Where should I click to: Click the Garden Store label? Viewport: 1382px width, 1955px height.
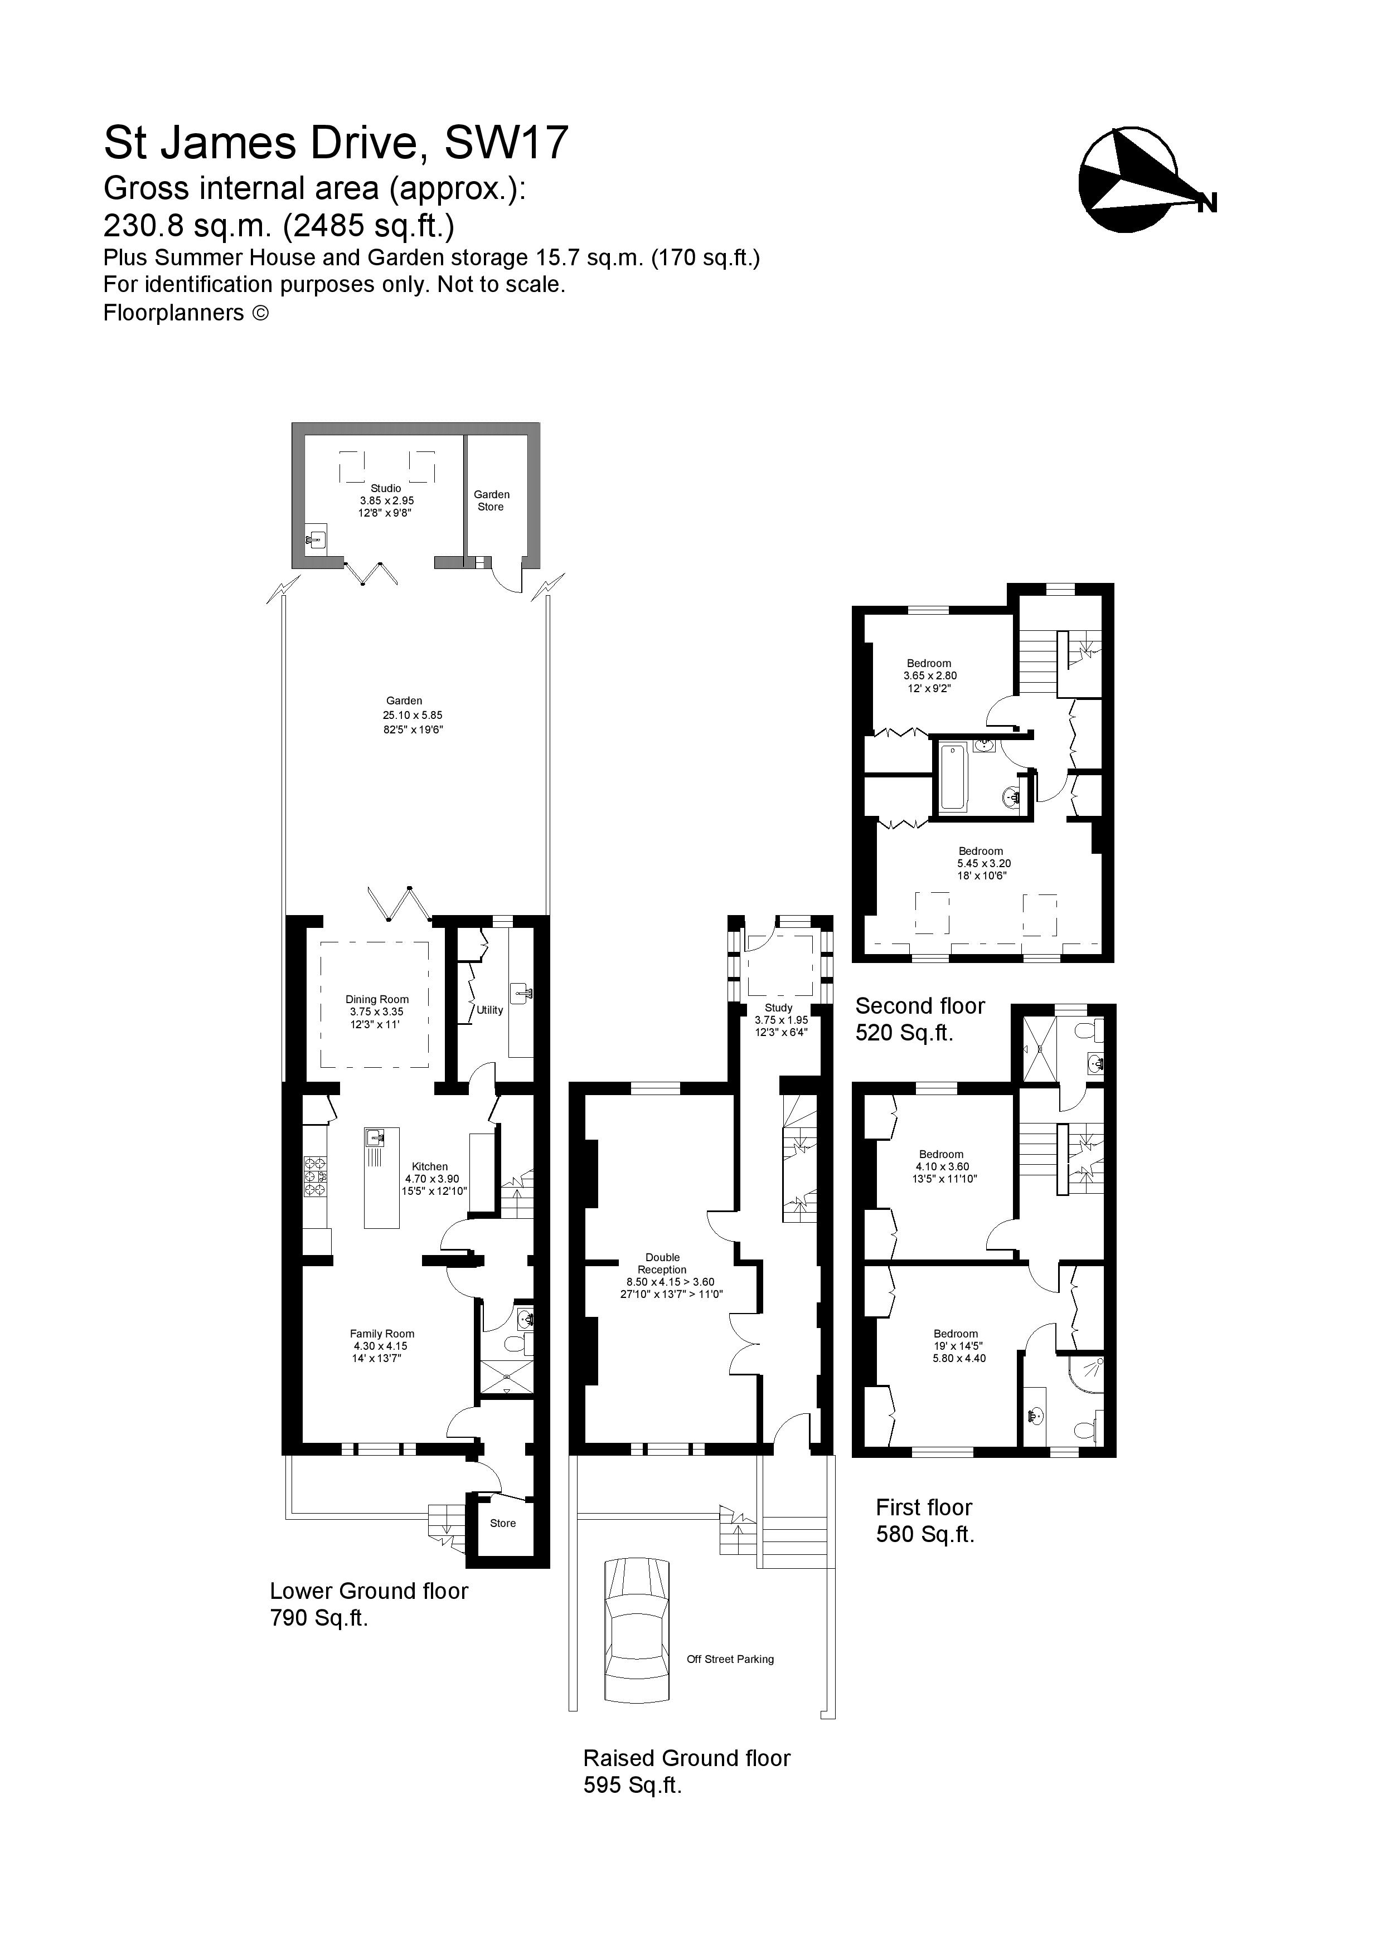491,500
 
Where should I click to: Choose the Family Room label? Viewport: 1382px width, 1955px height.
381,1334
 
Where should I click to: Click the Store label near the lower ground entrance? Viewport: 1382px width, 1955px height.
502,1523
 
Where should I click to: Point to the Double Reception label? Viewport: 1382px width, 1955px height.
662,1263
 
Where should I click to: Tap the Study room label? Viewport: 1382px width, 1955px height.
778,1007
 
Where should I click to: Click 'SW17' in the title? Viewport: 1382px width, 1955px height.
506,143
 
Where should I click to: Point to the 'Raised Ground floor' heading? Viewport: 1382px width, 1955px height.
686,1758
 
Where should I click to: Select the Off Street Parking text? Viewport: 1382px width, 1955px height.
730,1659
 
